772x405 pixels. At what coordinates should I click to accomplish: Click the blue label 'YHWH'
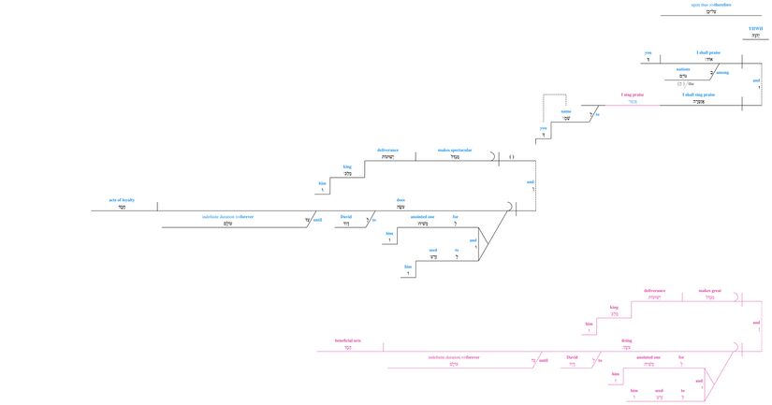pos(755,29)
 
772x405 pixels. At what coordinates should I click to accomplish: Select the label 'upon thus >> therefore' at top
pos(711,5)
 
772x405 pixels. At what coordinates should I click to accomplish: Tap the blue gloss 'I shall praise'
pos(708,52)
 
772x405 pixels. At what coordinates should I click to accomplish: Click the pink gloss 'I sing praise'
pos(633,94)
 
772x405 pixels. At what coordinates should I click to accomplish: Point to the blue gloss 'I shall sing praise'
pos(698,94)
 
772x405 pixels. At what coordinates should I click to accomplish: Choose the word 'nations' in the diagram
pos(683,69)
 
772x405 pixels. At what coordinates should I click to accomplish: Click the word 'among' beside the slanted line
pos(722,72)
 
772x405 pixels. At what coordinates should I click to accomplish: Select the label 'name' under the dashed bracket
pos(566,111)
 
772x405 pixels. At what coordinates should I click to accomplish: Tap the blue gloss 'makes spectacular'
pos(455,150)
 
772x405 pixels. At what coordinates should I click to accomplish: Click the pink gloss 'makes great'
pos(709,291)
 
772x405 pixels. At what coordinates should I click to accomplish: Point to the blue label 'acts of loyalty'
pos(122,200)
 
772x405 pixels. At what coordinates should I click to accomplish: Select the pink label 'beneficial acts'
pos(348,340)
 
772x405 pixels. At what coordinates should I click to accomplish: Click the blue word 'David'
pos(345,216)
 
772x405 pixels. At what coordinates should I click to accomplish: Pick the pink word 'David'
pos(572,356)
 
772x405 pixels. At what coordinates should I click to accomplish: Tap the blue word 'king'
pos(346,166)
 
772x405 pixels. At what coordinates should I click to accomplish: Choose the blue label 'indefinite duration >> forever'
pos(227,216)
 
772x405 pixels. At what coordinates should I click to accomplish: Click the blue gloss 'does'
pos(401,199)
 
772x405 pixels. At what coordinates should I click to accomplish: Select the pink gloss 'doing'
pos(627,340)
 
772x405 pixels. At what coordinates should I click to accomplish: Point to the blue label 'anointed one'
pos(422,216)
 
